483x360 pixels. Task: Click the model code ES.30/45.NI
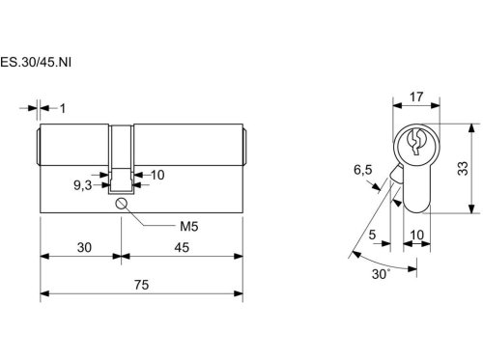pyautogui.click(x=36, y=62)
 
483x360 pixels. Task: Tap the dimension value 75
pyautogui.click(x=141, y=285)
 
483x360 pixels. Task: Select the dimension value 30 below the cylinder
pyautogui.click(x=84, y=247)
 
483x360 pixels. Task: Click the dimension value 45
pyautogui.click(x=182, y=247)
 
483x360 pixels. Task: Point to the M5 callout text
pyautogui.click(x=188, y=227)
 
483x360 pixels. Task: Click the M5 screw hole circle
pyautogui.click(x=121, y=204)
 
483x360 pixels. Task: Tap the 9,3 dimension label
pyautogui.click(x=83, y=185)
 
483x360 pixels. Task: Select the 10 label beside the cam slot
pyautogui.click(x=157, y=175)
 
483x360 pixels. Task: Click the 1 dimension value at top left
pyautogui.click(x=63, y=108)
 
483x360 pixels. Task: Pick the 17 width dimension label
pyautogui.click(x=416, y=97)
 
